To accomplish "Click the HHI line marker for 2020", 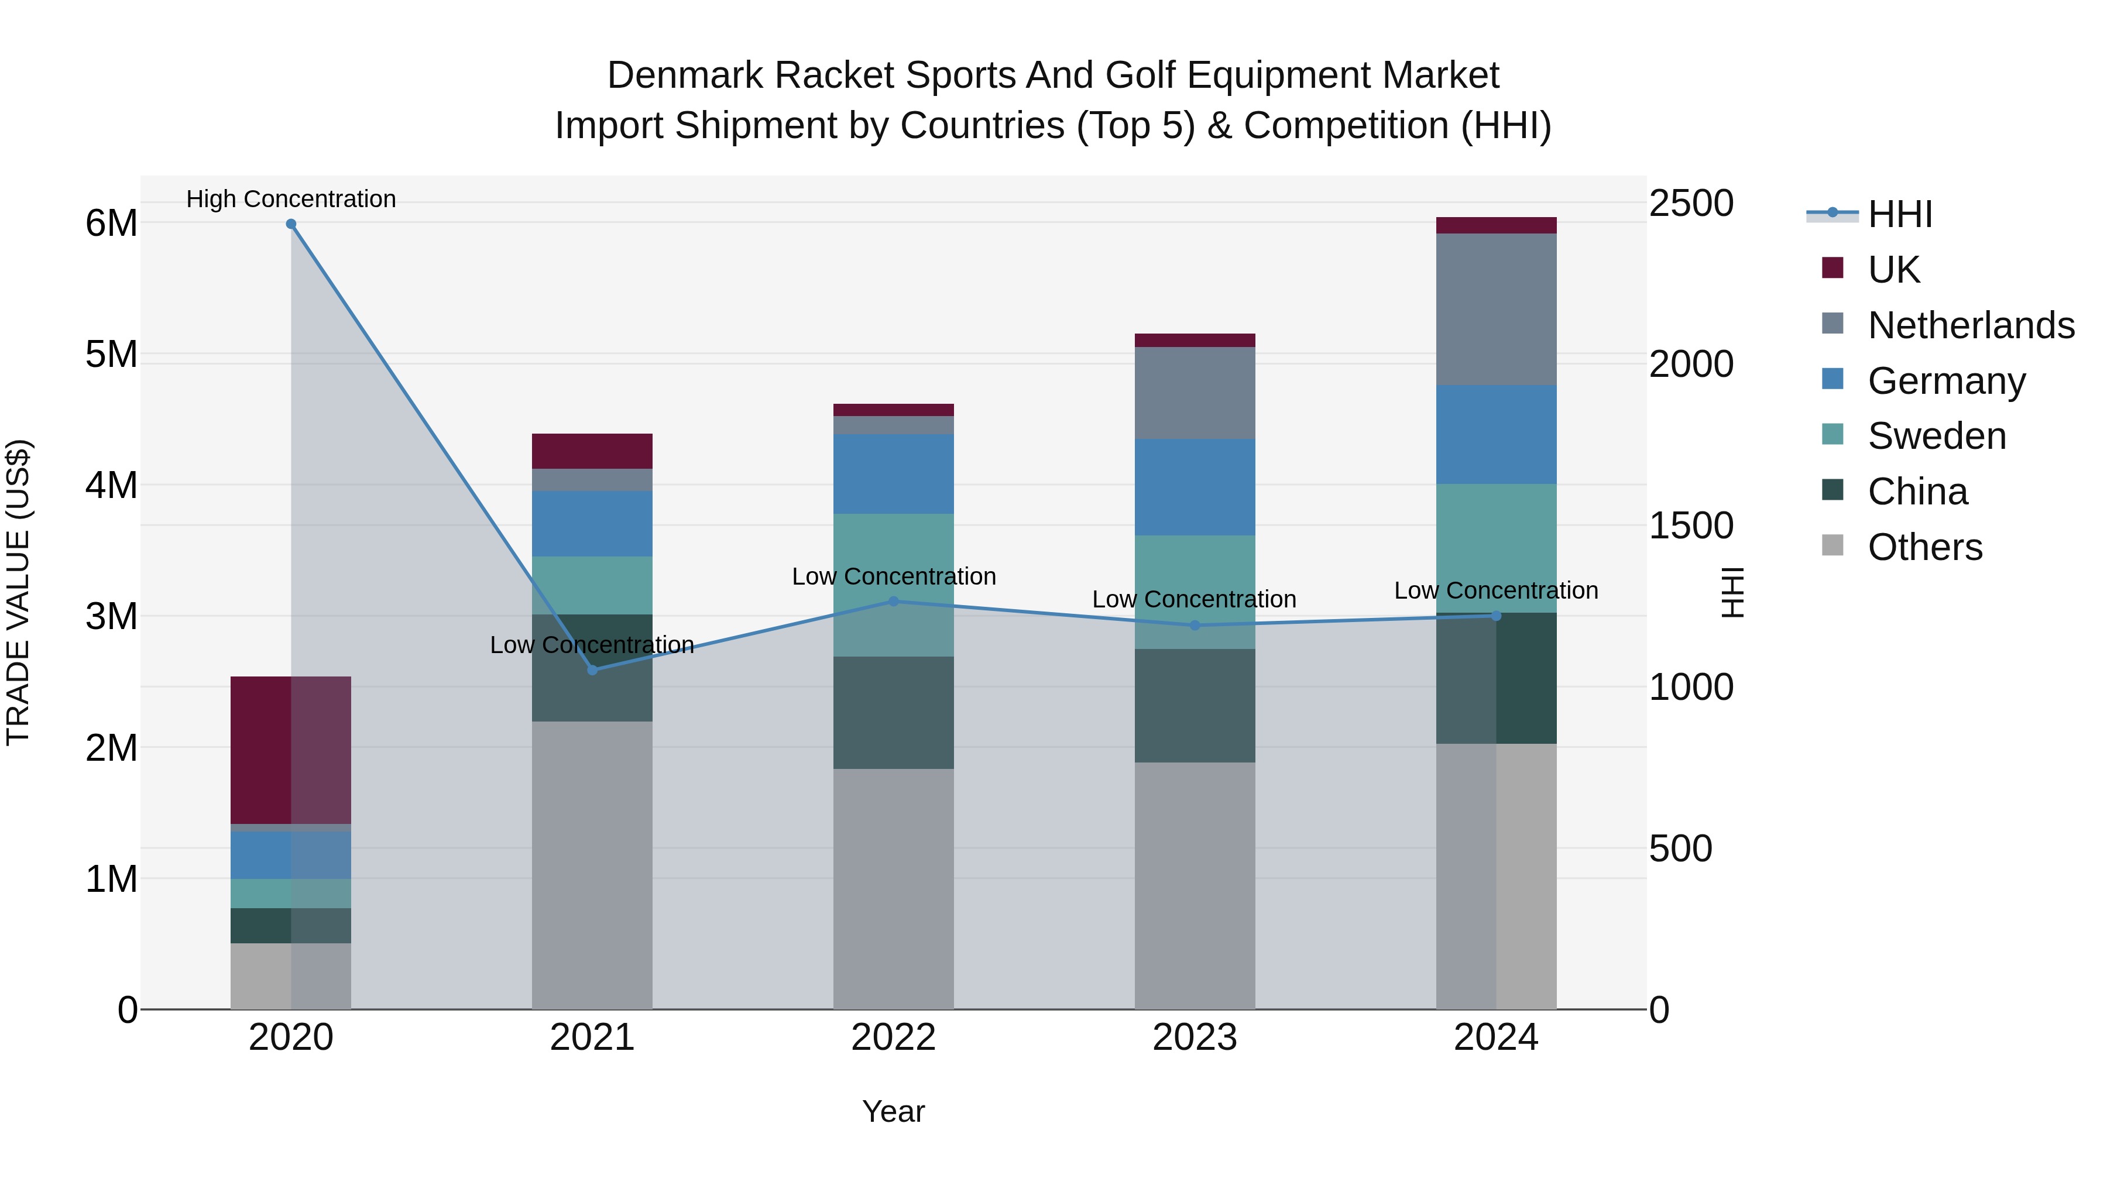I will click(x=291, y=224).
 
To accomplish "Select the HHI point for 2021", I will click(x=593, y=670).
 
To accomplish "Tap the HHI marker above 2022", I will click(x=893, y=601).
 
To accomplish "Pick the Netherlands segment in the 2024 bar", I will click(x=1496, y=309).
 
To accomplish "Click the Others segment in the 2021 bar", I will click(x=592, y=865).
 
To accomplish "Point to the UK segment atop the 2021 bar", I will click(x=592, y=451).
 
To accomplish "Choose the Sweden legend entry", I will click(x=1936, y=436).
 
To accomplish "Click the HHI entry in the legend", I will click(x=1899, y=214).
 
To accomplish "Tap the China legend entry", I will click(x=1917, y=492).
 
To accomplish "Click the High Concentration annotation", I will click(x=291, y=199).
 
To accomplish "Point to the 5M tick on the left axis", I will click(x=111, y=355).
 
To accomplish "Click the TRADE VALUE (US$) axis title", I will click(x=18, y=592).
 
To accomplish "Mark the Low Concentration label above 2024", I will click(x=1495, y=590).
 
